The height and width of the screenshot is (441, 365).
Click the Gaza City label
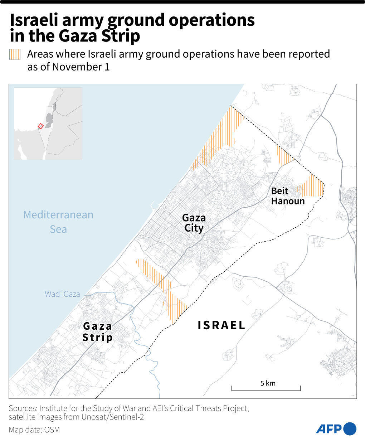[x=194, y=223]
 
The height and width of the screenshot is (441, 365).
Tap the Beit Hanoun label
[x=287, y=196]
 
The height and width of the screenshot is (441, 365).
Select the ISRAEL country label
[x=222, y=325]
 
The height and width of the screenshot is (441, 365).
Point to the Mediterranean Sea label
[x=58, y=222]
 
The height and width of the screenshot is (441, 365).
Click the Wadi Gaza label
[x=62, y=294]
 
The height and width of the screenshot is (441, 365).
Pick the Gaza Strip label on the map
[x=97, y=331]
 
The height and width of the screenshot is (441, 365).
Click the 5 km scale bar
[x=266, y=388]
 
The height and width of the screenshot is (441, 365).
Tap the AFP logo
[x=336, y=428]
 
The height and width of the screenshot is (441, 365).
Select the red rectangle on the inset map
[x=40, y=126]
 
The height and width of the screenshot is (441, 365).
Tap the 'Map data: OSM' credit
[x=34, y=430]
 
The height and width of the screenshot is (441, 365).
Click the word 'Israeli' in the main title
[x=35, y=20]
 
